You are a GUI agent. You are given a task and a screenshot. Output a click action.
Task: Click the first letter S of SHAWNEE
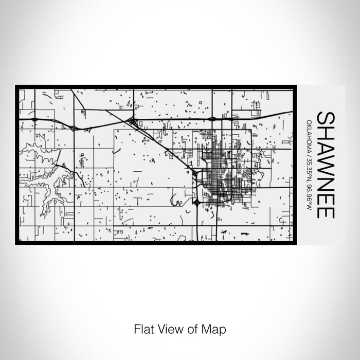click(x=326, y=117)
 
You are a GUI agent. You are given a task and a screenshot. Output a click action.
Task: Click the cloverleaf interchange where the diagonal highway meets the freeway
click(x=133, y=122)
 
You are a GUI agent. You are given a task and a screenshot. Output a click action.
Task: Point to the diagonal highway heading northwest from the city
click(x=165, y=147)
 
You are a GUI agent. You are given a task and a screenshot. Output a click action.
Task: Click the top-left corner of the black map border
click(x=16, y=86)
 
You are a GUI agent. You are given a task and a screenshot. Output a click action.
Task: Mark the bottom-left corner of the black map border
click(x=16, y=243)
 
